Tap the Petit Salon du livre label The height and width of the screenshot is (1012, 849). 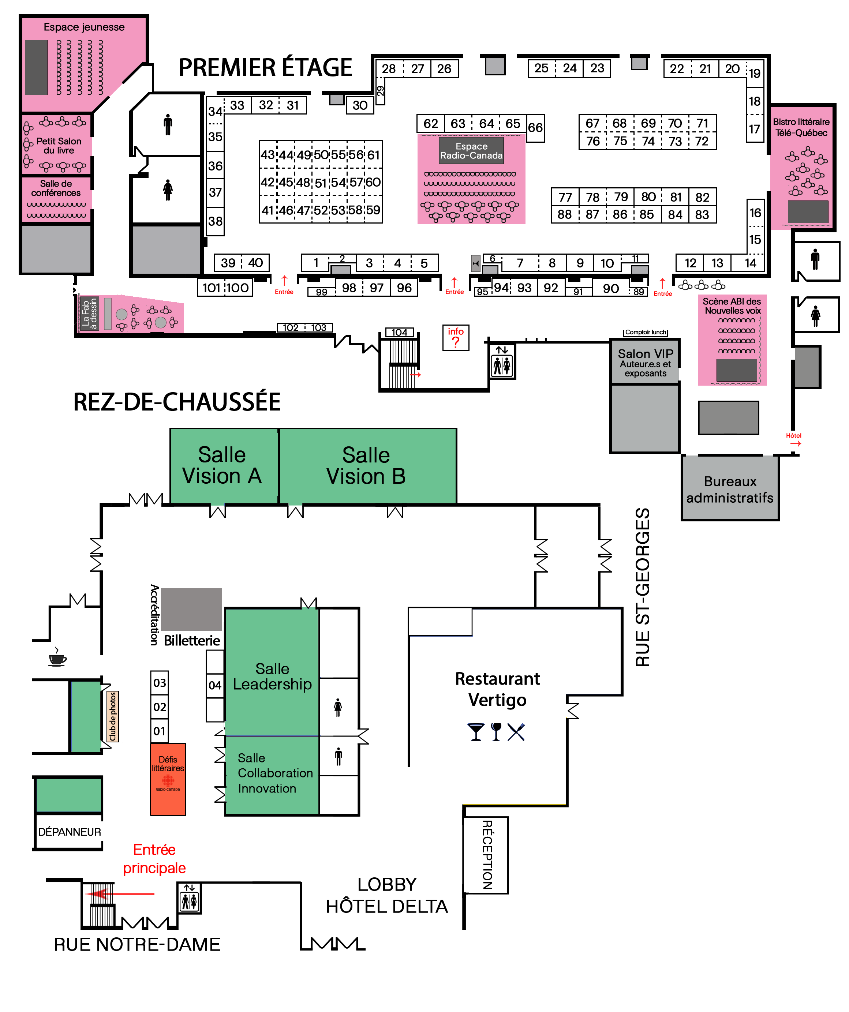click(59, 146)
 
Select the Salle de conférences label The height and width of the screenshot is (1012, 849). click(56, 188)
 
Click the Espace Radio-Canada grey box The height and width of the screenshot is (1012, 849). click(471, 151)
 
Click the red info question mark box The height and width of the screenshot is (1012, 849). click(455, 337)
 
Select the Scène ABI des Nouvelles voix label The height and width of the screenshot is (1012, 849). click(732, 306)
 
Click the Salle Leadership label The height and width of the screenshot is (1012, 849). click(272, 676)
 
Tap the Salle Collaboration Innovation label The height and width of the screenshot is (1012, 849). click(275, 773)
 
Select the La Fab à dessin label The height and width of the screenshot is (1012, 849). click(89, 314)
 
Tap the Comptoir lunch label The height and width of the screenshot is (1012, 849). click(645, 332)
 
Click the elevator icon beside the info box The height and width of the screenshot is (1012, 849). click(502, 361)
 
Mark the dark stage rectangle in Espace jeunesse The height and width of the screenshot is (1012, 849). click(36, 67)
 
